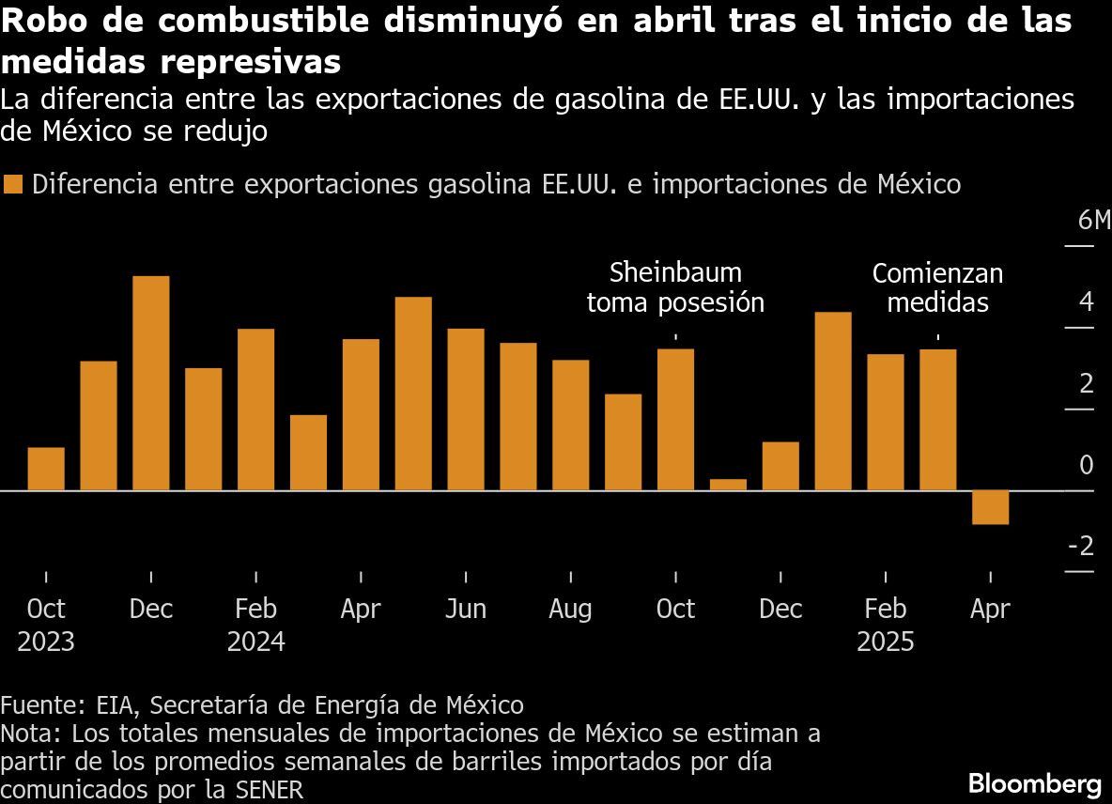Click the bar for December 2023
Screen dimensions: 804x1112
tap(151, 383)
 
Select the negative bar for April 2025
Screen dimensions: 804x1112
tap(990, 507)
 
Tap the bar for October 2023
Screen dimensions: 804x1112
tap(46, 469)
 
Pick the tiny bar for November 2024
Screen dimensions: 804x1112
tap(728, 485)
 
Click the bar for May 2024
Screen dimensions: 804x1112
tap(413, 394)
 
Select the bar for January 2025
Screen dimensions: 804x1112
tap(833, 401)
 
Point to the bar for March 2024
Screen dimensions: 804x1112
tap(308, 453)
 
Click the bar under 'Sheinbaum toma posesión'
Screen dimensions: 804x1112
tap(675, 420)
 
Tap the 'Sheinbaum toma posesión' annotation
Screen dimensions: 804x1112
tap(675, 287)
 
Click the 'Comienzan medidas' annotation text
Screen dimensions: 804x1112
tap(937, 287)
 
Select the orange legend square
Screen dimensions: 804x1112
tap(13, 184)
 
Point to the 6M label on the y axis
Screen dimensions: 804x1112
tap(1093, 221)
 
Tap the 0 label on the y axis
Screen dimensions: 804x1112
tap(1087, 465)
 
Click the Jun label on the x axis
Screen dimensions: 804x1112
tap(465, 609)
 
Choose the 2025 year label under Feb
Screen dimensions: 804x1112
tap(885, 642)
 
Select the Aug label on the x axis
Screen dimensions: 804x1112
tap(570, 609)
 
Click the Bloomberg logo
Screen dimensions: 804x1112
tap(1034, 782)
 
